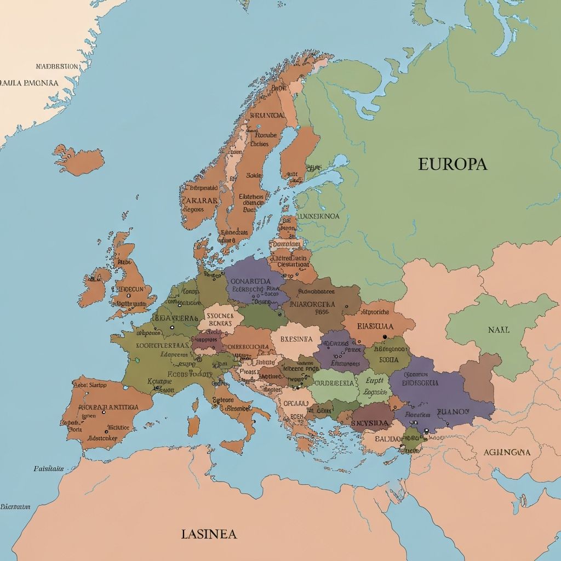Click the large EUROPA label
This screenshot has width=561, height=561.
pyautogui.click(x=452, y=164)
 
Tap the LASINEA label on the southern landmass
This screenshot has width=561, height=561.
pyautogui.click(x=209, y=534)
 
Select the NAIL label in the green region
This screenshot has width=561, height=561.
pyautogui.click(x=498, y=330)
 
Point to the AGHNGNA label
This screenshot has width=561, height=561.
pyautogui.click(x=507, y=453)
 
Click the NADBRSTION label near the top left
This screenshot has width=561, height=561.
pyautogui.click(x=57, y=66)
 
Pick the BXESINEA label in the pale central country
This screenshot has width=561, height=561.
pyautogui.click(x=296, y=339)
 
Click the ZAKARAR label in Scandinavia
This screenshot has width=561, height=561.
pyautogui.click(x=199, y=200)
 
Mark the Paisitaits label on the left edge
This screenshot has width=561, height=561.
pyautogui.click(x=48, y=468)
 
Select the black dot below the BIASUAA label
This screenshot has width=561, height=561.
pyautogui.click(x=385, y=337)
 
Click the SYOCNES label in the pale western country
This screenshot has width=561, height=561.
pyautogui.click(x=220, y=316)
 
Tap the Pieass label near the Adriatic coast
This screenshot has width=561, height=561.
pyautogui.click(x=249, y=371)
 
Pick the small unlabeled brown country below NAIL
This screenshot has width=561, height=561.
pyautogui.click(x=479, y=378)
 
